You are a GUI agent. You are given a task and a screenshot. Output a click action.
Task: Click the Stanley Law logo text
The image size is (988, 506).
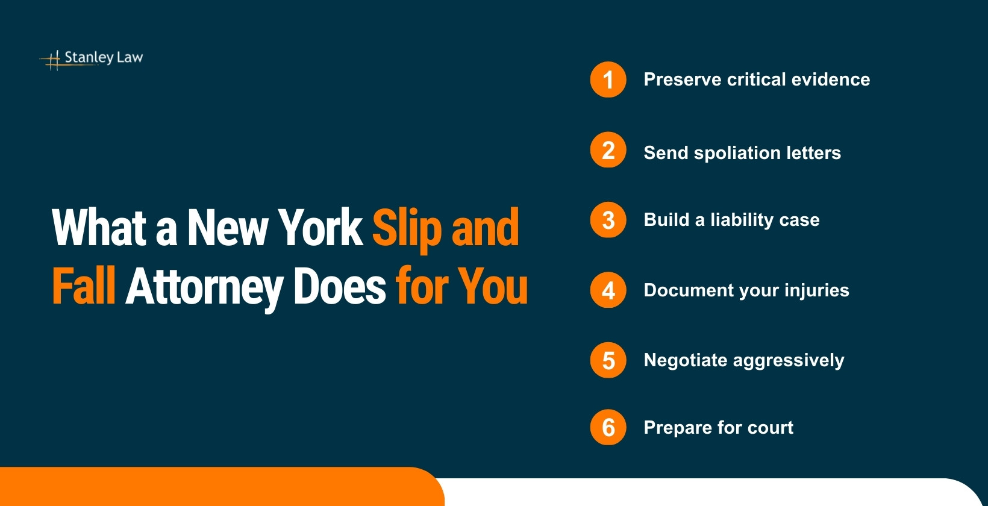click(x=104, y=57)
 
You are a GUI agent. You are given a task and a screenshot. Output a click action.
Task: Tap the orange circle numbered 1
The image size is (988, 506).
click(x=608, y=80)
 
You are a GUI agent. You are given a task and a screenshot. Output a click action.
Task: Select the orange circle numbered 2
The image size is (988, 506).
click(x=608, y=150)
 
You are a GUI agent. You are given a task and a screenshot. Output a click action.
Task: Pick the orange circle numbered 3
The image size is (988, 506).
click(x=608, y=220)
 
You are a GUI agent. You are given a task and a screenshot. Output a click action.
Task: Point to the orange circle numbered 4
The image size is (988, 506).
click(x=608, y=290)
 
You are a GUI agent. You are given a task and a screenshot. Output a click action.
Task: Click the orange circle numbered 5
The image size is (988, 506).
click(x=608, y=360)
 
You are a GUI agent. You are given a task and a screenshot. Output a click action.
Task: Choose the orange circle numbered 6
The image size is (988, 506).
click(x=608, y=428)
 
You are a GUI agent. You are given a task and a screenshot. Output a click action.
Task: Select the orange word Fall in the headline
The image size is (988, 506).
click(x=83, y=286)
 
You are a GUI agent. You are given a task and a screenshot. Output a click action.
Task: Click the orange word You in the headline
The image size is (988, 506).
click(x=492, y=286)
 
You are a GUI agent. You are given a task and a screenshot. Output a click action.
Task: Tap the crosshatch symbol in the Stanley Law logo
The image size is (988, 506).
click(x=54, y=59)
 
